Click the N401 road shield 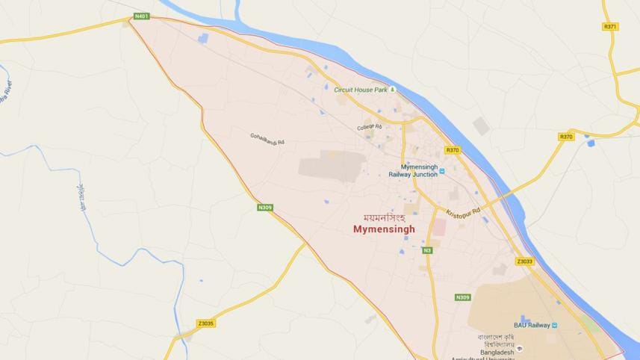pyautogui.click(x=140, y=16)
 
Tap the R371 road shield pyautogui.click(x=609, y=26)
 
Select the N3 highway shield pyautogui.click(x=427, y=250)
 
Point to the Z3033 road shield pyautogui.click(x=524, y=261)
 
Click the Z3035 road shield pyautogui.click(x=206, y=323)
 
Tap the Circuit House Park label pyautogui.click(x=361, y=90)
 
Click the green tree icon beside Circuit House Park pyautogui.click(x=393, y=90)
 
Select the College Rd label pyautogui.click(x=369, y=128)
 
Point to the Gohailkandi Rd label pyautogui.click(x=267, y=137)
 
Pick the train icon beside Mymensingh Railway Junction pyautogui.click(x=441, y=171)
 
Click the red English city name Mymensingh pyautogui.click(x=384, y=230)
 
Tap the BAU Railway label pyautogui.click(x=531, y=325)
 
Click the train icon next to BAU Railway pyautogui.click(x=555, y=325)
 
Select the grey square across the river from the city pyautogui.click(x=481, y=126)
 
